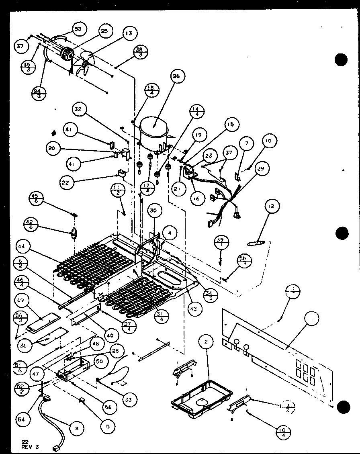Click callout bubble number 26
tap(178, 76)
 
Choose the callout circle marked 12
tap(272, 207)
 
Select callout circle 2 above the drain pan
tap(206, 342)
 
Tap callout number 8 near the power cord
tap(76, 428)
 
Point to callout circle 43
tap(194, 309)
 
